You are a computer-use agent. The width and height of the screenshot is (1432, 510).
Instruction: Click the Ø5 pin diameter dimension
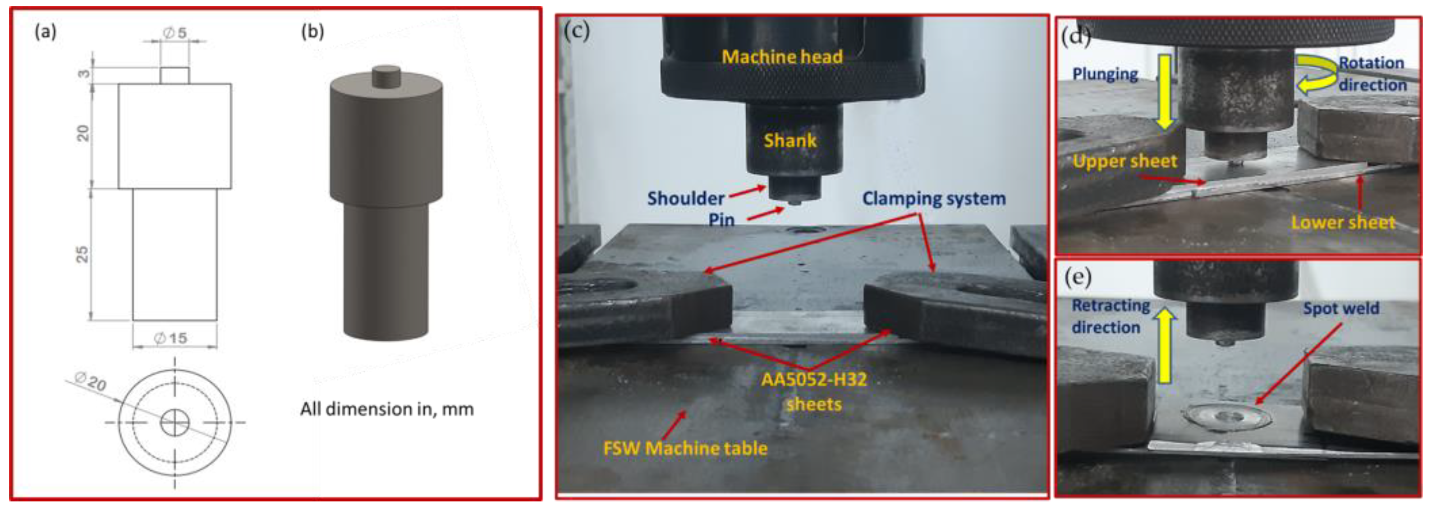[174, 33]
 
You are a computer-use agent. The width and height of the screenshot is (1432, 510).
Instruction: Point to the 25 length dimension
[82, 255]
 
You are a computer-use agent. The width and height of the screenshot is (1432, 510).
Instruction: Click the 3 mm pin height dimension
[83, 73]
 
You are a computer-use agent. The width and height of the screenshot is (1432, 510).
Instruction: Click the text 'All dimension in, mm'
[387, 409]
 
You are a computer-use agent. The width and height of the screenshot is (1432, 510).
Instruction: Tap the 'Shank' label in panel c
[790, 140]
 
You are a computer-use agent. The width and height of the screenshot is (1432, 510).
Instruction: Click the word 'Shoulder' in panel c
[685, 199]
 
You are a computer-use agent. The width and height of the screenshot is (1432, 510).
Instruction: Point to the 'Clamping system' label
[933, 199]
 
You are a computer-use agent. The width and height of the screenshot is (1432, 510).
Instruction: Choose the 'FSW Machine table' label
[685, 448]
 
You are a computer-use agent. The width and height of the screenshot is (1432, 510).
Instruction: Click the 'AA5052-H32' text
[814, 380]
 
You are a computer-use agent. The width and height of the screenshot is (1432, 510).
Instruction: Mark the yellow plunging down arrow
[1165, 92]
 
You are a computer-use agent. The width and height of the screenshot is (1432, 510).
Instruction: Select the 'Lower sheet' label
[1343, 223]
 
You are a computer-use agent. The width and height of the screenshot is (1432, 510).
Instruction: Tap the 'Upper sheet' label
[1124, 161]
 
